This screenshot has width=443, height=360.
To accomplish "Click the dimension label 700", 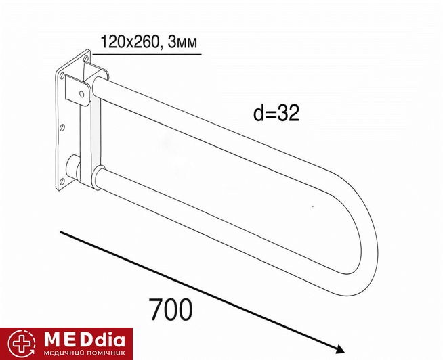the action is (x=171, y=309).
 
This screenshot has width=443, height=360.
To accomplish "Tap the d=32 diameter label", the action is (x=276, y=113).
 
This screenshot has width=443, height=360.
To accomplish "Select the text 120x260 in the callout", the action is (x=129, y=42).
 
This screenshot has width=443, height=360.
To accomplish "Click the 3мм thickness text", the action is (x=182, y=43).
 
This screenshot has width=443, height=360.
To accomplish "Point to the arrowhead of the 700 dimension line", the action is (x=339, y=350).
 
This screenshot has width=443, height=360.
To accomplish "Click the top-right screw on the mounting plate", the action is (x=87, y=58).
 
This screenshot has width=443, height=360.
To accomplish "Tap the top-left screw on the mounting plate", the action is (x=62, y=75).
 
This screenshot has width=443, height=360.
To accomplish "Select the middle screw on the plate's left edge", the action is (x=63, y=128).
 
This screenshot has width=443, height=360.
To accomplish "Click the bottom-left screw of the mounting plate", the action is (x=62, y=181).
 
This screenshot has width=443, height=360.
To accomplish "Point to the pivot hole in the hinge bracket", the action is (x=82, y=93).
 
